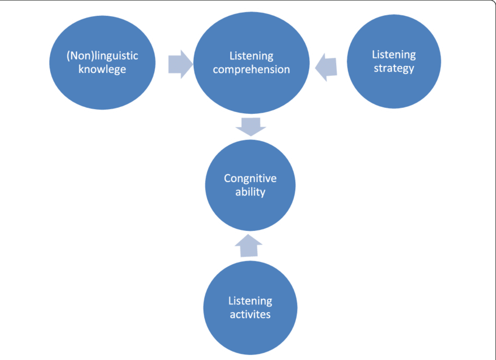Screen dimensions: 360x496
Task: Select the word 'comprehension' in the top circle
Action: coord(251,69)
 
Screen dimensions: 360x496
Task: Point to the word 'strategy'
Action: coord(394,68)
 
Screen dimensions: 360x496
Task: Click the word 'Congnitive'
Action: coord(250,179)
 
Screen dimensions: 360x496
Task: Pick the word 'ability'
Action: coord(250,191)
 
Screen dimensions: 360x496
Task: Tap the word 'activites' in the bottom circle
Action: coord(250,314)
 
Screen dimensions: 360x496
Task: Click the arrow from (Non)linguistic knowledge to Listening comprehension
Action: coord(180,64)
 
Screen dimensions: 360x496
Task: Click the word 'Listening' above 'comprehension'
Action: coord(251,57)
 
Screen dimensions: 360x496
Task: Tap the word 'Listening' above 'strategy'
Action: coord(394,55)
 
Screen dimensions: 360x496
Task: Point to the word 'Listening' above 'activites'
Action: coord(250,302)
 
